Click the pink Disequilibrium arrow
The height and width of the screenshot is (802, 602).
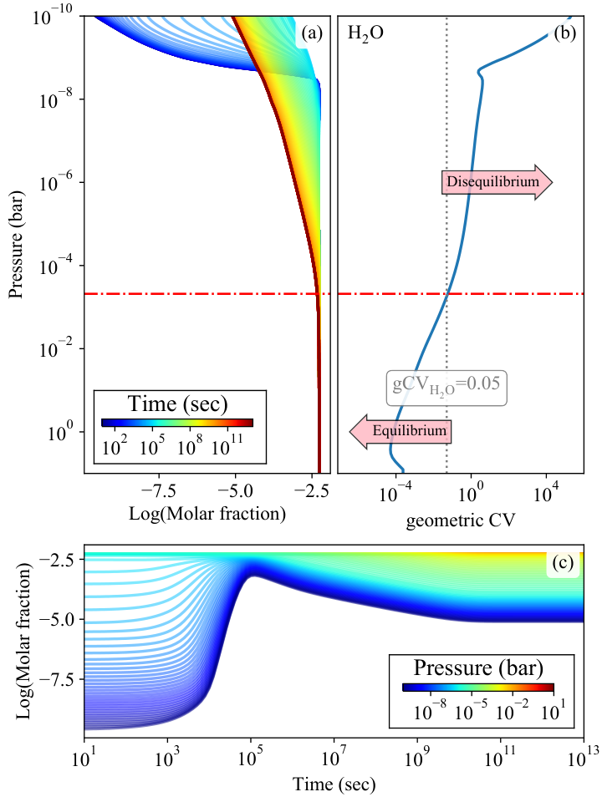[497, 182]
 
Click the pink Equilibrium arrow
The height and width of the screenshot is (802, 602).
[400, 431]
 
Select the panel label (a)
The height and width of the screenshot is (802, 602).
[312, 33]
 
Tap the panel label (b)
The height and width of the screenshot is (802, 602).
[565, 33]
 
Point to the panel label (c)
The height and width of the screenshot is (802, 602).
[563, 562]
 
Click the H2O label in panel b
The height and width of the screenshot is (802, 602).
[365, 33]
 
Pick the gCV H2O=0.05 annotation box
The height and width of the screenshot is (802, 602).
[446, 388]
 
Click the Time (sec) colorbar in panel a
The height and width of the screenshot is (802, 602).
[177, 423]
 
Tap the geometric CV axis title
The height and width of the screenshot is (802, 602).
[461, 520]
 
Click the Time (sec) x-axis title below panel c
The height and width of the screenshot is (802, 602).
[334, 784]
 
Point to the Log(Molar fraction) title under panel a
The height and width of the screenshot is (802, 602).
[207, 513]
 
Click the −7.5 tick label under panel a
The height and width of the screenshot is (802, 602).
[159, 491]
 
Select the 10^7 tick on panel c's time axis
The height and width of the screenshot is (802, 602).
[333, 759]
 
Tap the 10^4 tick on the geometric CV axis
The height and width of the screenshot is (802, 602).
[544, 493]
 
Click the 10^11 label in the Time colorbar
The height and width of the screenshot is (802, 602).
[227, 446]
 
